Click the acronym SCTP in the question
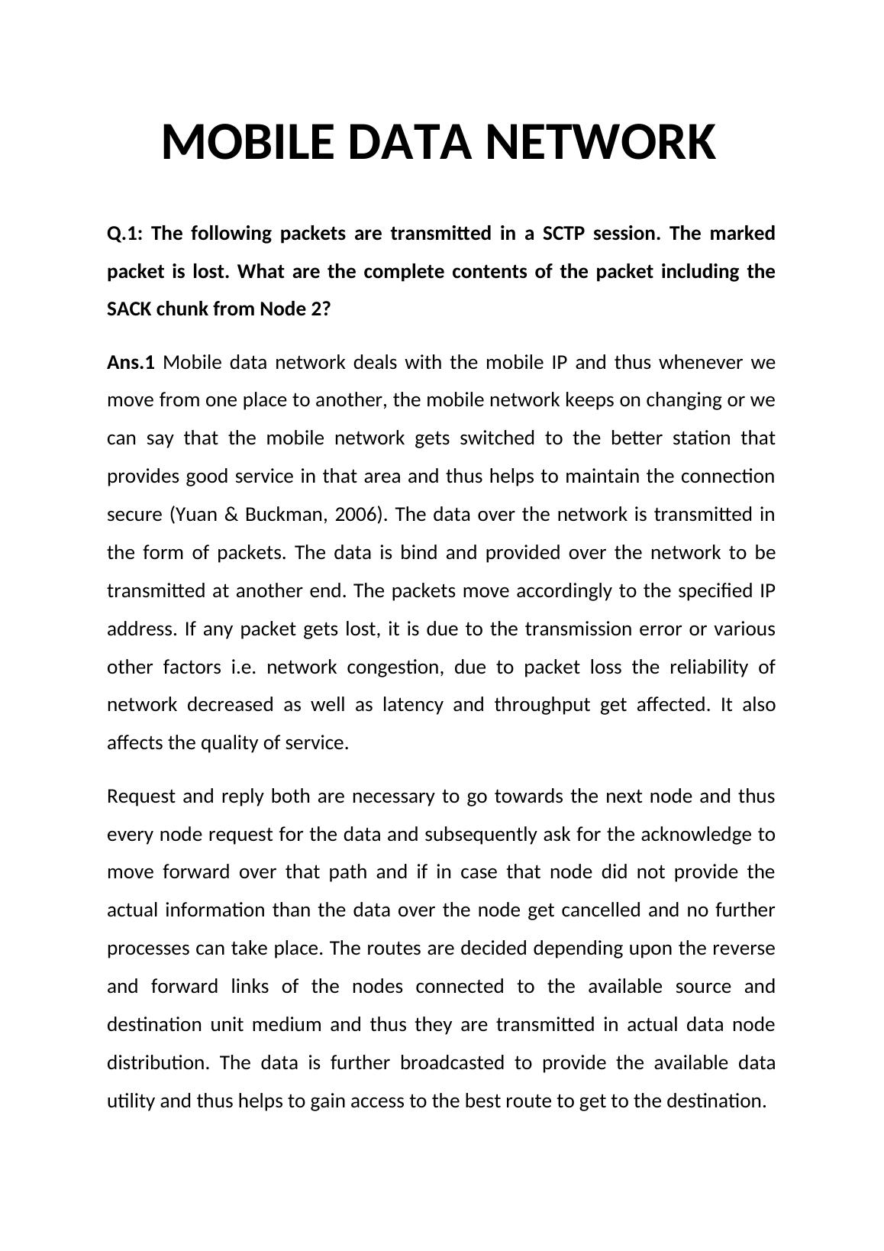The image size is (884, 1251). click(x=563, y=233)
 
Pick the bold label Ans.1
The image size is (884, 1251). click(x=131, y=362)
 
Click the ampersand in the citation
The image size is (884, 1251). click(x=233, y=515)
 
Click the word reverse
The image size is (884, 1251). click(x=743, y=949)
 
